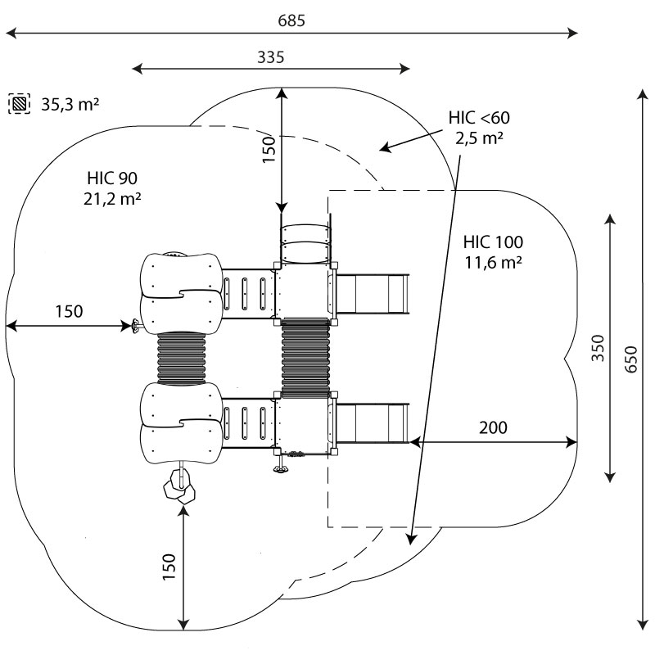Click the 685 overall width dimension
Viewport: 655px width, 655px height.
[291, 21]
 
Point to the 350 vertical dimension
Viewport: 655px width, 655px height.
[599, 349]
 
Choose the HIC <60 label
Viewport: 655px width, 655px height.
[479, 118]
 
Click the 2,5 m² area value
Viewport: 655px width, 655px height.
[479, 138]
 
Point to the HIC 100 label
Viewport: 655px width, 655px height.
[493, 242]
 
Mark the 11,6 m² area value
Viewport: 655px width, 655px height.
[493, 263]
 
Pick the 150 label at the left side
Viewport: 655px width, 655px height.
[70, 311]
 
